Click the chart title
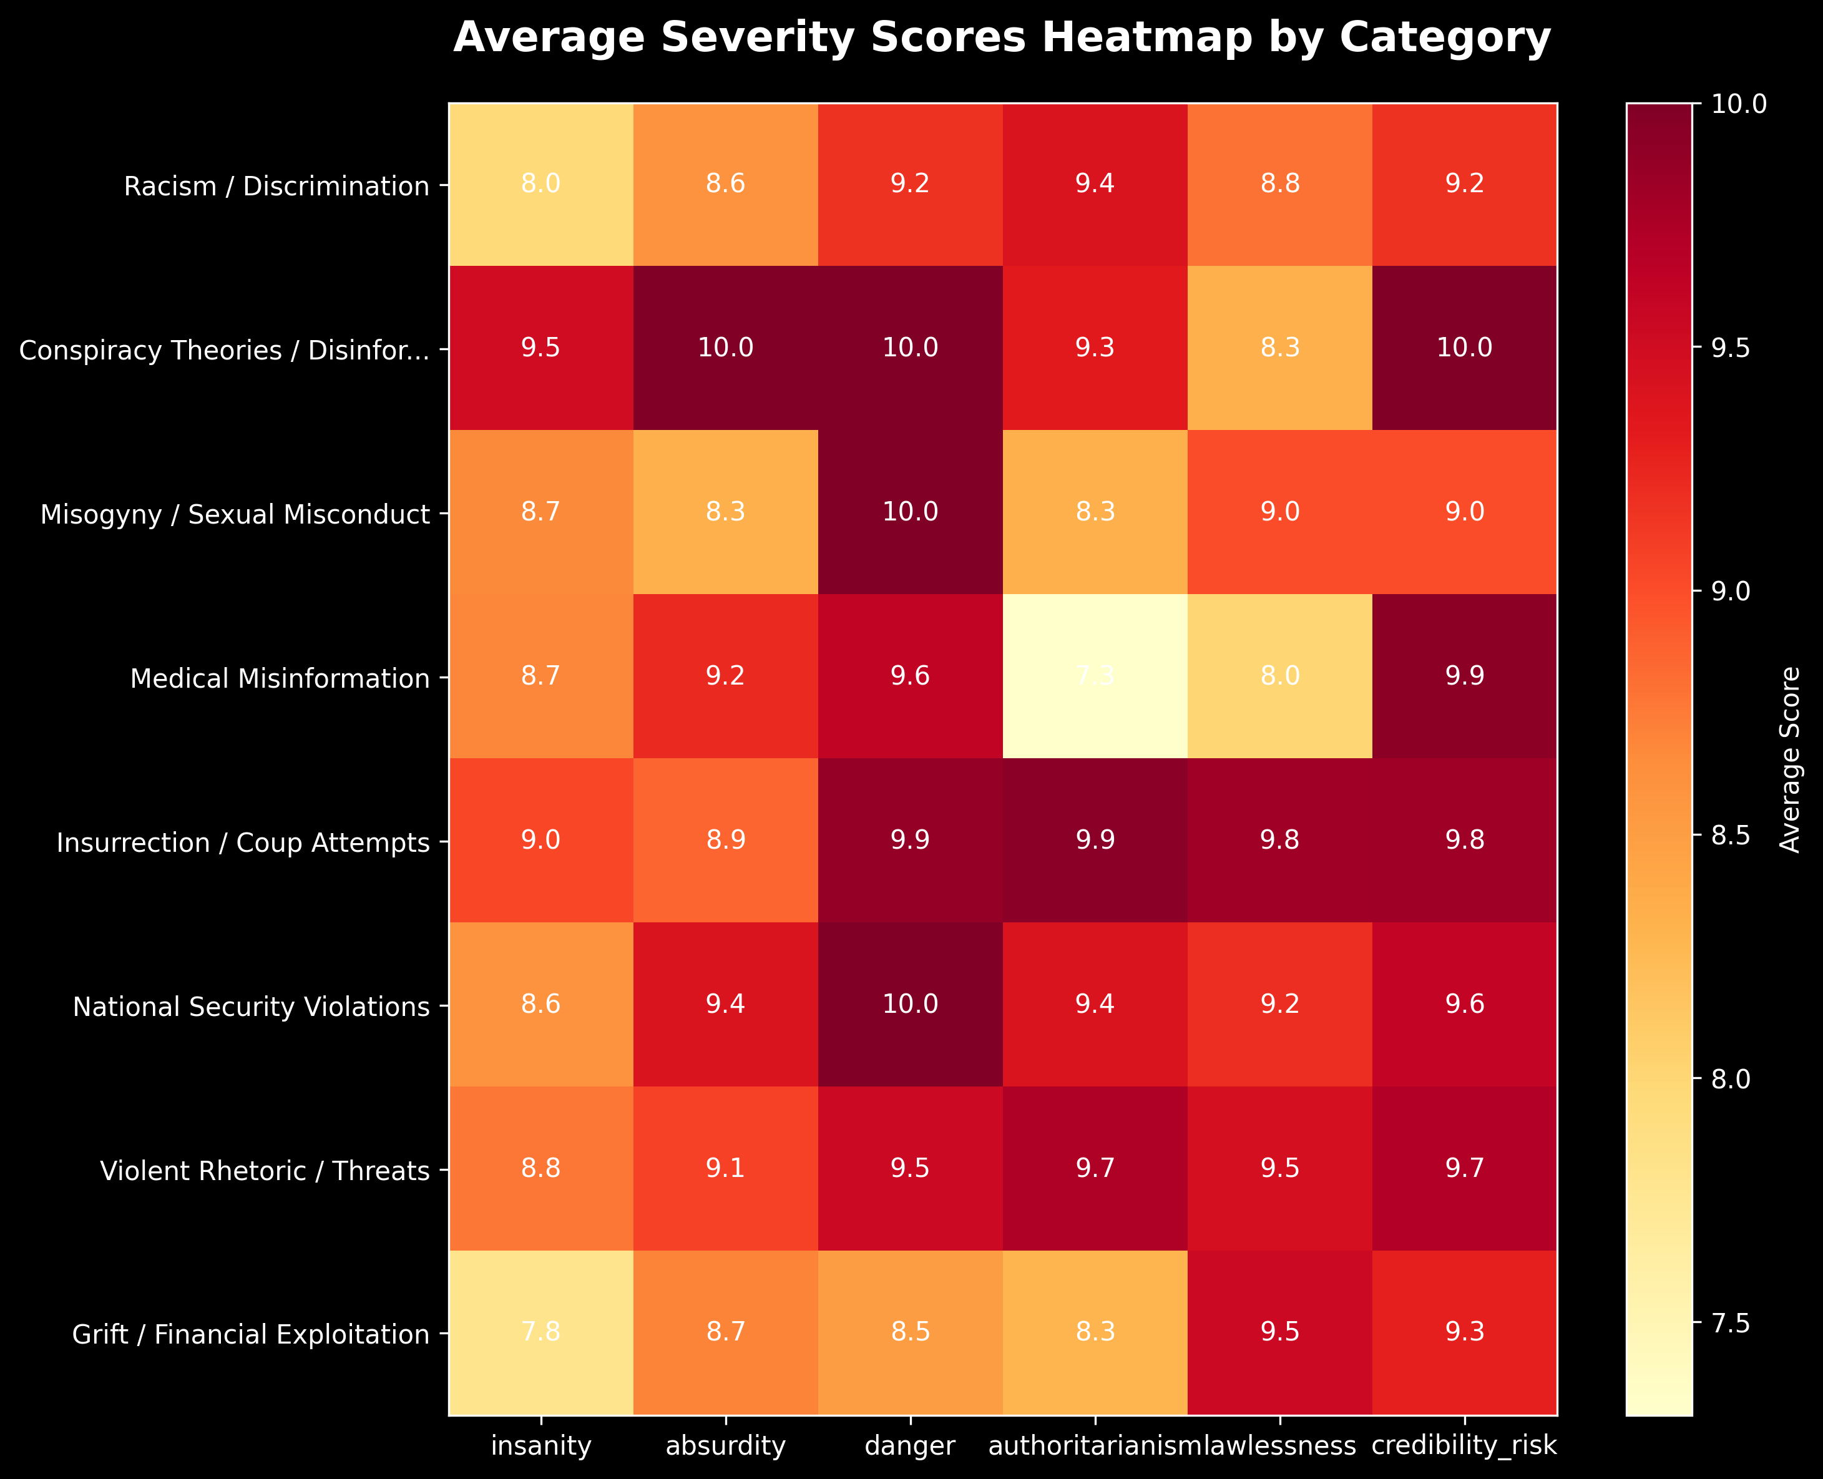pyautogui.click(x=1002, y=38)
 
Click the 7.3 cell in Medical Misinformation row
pyautogui.click(x=1095, y=676)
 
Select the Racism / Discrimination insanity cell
pyautogui.click(x=541, y=184)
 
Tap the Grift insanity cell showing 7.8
pyautogui.click(x=541, y=1332)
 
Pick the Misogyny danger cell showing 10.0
pyautogui.click(x=910, y=512)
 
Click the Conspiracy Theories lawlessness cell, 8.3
pyautogui.click(x=1279, y=348)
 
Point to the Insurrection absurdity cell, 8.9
pyautogui.click(x=726, y=840)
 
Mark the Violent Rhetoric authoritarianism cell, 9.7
pyautogui.click(x=1095, y=1168)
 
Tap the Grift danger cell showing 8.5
pyautogui.click(x=910, y=1332)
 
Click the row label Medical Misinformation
pyautogui.click(x=280, y=678)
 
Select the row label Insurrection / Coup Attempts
pyautogui.click(x=243, y=842)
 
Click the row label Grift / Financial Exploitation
pyautogui.click(x=250, y=1334)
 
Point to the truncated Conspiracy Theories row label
pyautogui.click(x=224, y=350)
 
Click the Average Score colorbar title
pyautogui.click(x=1791, y=759)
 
